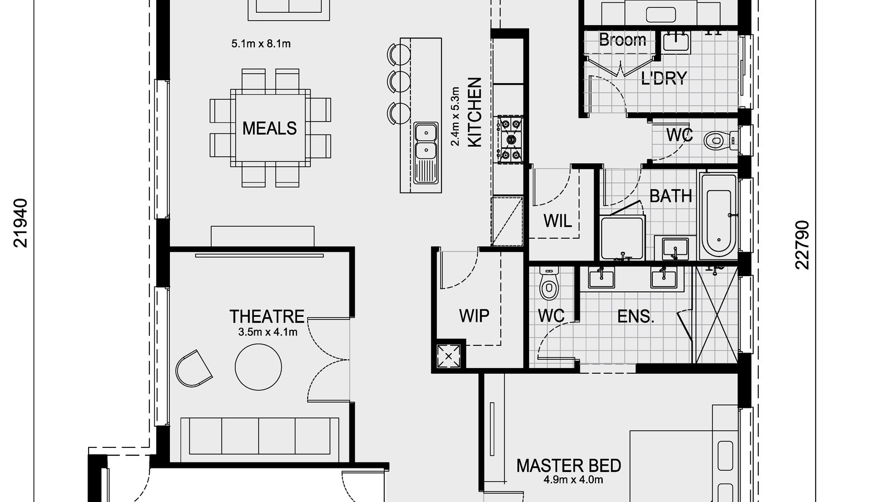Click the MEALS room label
(x=269, y=128)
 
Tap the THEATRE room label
(x=267, y=317)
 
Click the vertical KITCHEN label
(x=474, y=113)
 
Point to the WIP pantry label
(x=474, y=316)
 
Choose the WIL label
(x=557, y=221)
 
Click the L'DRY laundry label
(x=663, y=78)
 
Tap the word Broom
(x=622, y=40)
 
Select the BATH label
(x=671, y=196)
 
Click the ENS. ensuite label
(x=636, y=317)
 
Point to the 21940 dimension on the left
(x=21, y=223)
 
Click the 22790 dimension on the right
(x=802, y=245)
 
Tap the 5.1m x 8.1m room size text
(x=261, y=44)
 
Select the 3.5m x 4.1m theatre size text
(x=268, y=333)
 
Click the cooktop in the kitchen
(x=510, y=139)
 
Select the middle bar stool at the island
(x=398, y=81)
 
